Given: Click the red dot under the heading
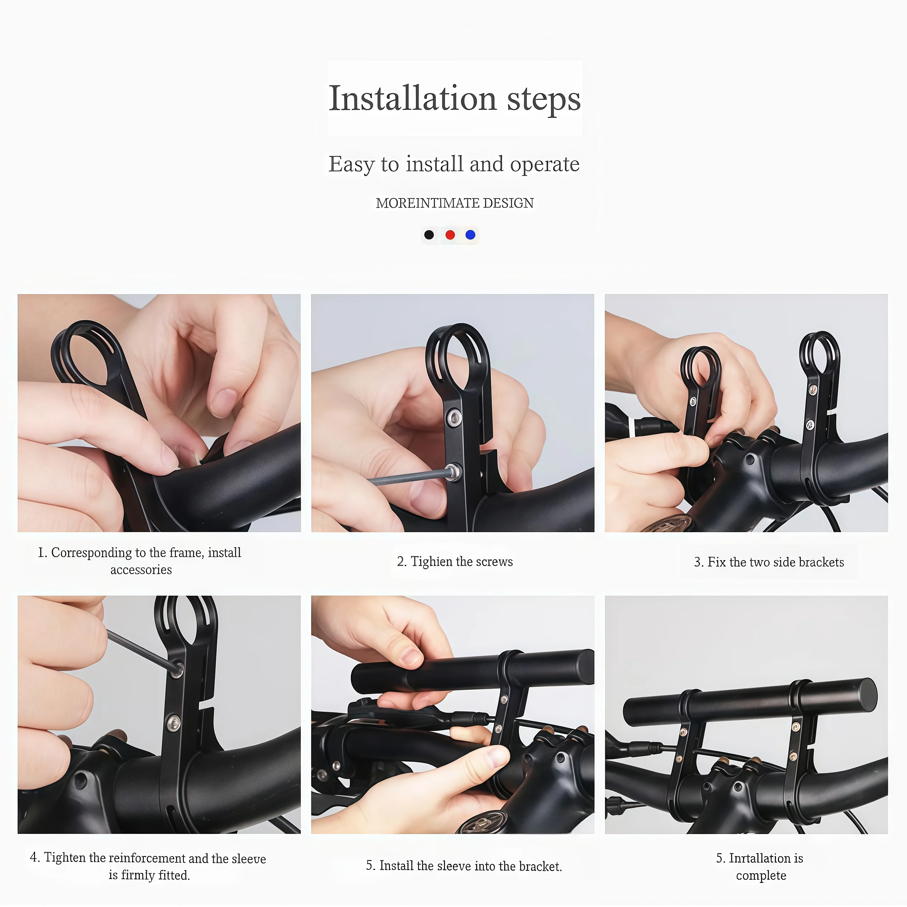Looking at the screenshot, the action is point(450,235).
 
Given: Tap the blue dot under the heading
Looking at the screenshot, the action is point(470,235).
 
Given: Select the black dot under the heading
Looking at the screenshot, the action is point(429,235).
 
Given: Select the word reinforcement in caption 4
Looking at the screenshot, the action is point(148,858).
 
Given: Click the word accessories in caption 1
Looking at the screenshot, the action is point(141,570).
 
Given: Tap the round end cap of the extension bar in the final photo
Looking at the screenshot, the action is point(866,695).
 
